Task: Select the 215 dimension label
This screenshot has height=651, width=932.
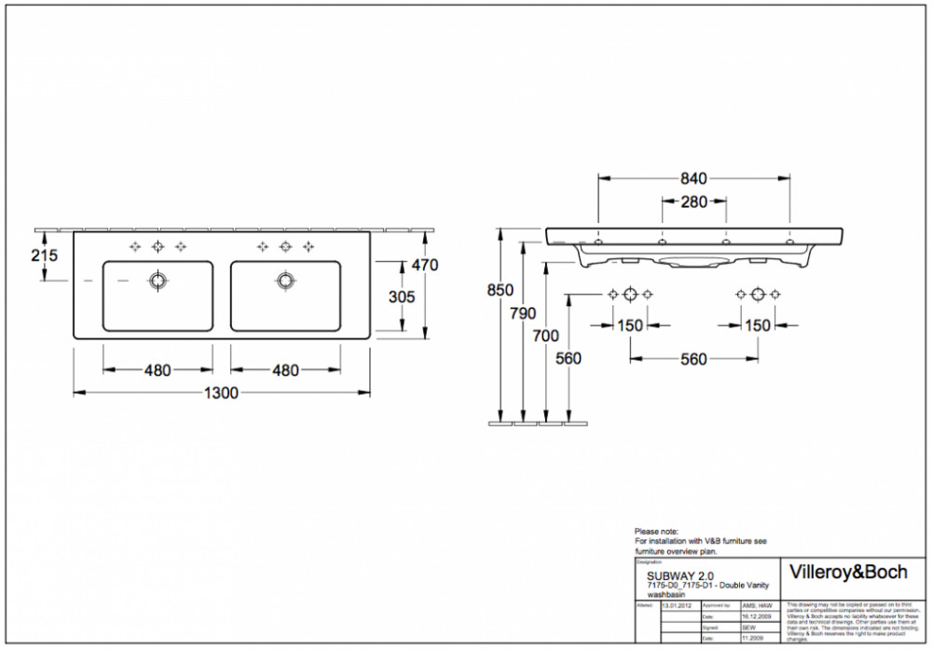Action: point(44,255)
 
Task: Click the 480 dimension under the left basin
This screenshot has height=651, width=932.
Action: point(157,370)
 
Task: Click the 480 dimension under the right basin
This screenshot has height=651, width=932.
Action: point(285,370)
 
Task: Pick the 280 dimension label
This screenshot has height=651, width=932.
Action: point(693,202)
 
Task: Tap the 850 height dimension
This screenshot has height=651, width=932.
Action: point(500,290)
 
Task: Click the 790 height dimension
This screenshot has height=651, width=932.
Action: point(524,313)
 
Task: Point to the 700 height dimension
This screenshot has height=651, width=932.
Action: point(546,336)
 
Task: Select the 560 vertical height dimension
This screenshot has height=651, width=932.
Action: point(568,359)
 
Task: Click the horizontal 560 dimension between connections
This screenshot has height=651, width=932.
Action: point(692,359)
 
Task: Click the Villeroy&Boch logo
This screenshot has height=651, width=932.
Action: point(847,572)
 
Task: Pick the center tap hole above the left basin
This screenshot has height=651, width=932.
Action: point(157,246)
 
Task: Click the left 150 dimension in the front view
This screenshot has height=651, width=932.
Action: point(630,325)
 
